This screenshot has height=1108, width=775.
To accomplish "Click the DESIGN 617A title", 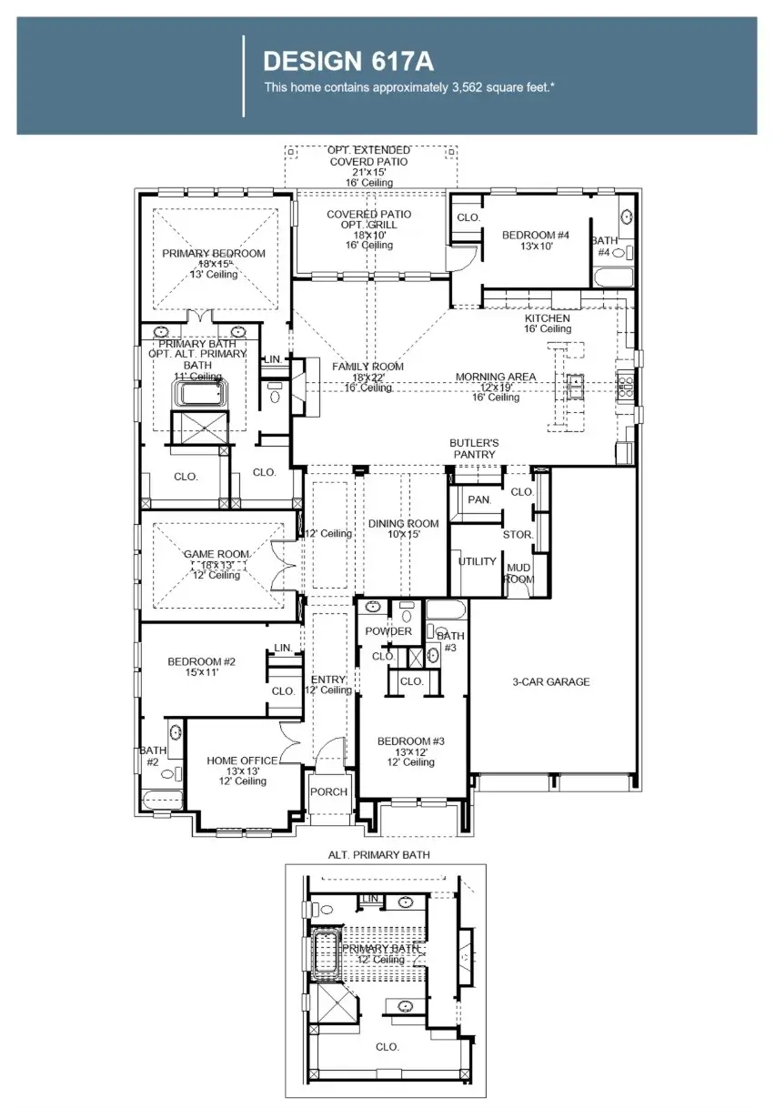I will click(x=347, y=61).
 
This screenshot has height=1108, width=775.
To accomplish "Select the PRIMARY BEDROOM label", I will click(x=214, y=254).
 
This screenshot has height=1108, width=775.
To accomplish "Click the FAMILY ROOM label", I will click(x=367, y=367).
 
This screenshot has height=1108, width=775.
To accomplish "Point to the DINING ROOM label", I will click(x=403, y=524).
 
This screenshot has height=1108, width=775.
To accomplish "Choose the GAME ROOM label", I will click(x=216, y=554).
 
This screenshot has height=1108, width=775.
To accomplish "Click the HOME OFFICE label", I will click(x=235, y=760).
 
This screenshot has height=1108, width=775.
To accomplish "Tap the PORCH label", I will click(x=328, y=791).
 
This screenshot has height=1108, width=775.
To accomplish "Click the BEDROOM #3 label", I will click(x=411, y=741).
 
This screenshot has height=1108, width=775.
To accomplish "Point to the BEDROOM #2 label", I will click(x=202, y=661).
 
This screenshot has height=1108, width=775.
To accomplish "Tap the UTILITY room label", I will click(x=478, y=561).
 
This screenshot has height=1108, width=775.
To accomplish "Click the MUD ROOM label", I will click(x=518, y=573).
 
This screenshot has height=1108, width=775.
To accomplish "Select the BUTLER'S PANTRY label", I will click(x=474, y=448).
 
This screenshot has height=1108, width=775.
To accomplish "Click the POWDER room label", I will click(x=388, y=631).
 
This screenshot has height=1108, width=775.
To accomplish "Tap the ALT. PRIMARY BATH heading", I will click(x=379, y=855).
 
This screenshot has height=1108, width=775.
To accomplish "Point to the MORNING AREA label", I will click(x=496, y=377).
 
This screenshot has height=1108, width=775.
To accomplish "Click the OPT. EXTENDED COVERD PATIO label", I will click(x=368, y=156).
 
